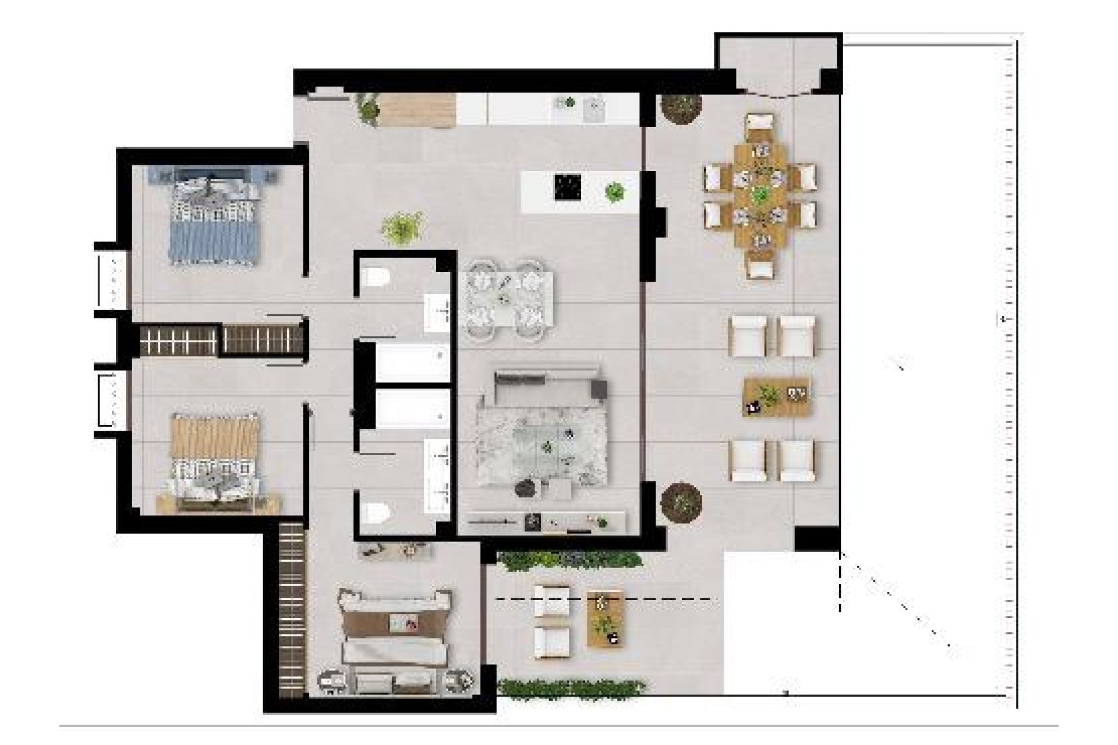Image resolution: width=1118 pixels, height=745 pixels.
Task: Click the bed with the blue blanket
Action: (x=213, y=221)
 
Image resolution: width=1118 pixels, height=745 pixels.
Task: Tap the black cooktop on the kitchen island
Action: (x=565, y=187)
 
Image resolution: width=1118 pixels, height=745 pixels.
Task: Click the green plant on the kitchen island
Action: (x=614, y=191)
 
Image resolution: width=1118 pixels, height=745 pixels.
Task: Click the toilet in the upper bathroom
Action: (x=374, y=278)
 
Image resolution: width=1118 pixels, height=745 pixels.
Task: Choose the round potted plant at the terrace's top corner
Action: (x=680, y=108)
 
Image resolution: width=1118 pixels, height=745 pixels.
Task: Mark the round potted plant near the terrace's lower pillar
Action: (x=681, y=501)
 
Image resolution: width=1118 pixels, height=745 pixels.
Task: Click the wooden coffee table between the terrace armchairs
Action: (x=777, y=398)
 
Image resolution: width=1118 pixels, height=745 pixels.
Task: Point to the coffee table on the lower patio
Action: (x=606, y=618)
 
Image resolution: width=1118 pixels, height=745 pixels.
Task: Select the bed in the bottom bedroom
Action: (x=396, y=640)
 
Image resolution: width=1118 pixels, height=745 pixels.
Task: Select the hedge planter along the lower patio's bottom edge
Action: (x=571, y=688)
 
